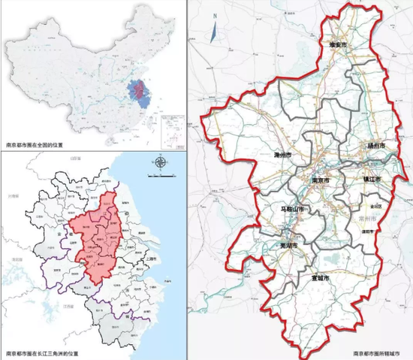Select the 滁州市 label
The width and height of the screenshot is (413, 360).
coord(283,156)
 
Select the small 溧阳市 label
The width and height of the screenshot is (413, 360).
coord(367,233)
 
